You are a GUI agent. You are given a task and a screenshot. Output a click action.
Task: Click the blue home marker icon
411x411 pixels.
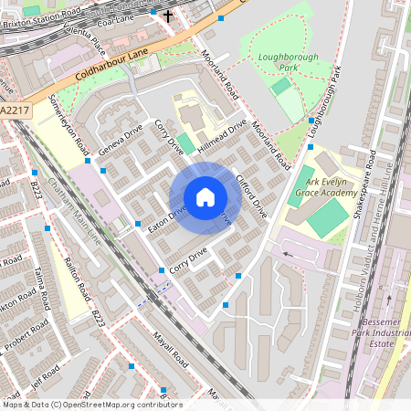pos(205,197)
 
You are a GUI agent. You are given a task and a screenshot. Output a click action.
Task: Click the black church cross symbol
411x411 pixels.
pos(167,15)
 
